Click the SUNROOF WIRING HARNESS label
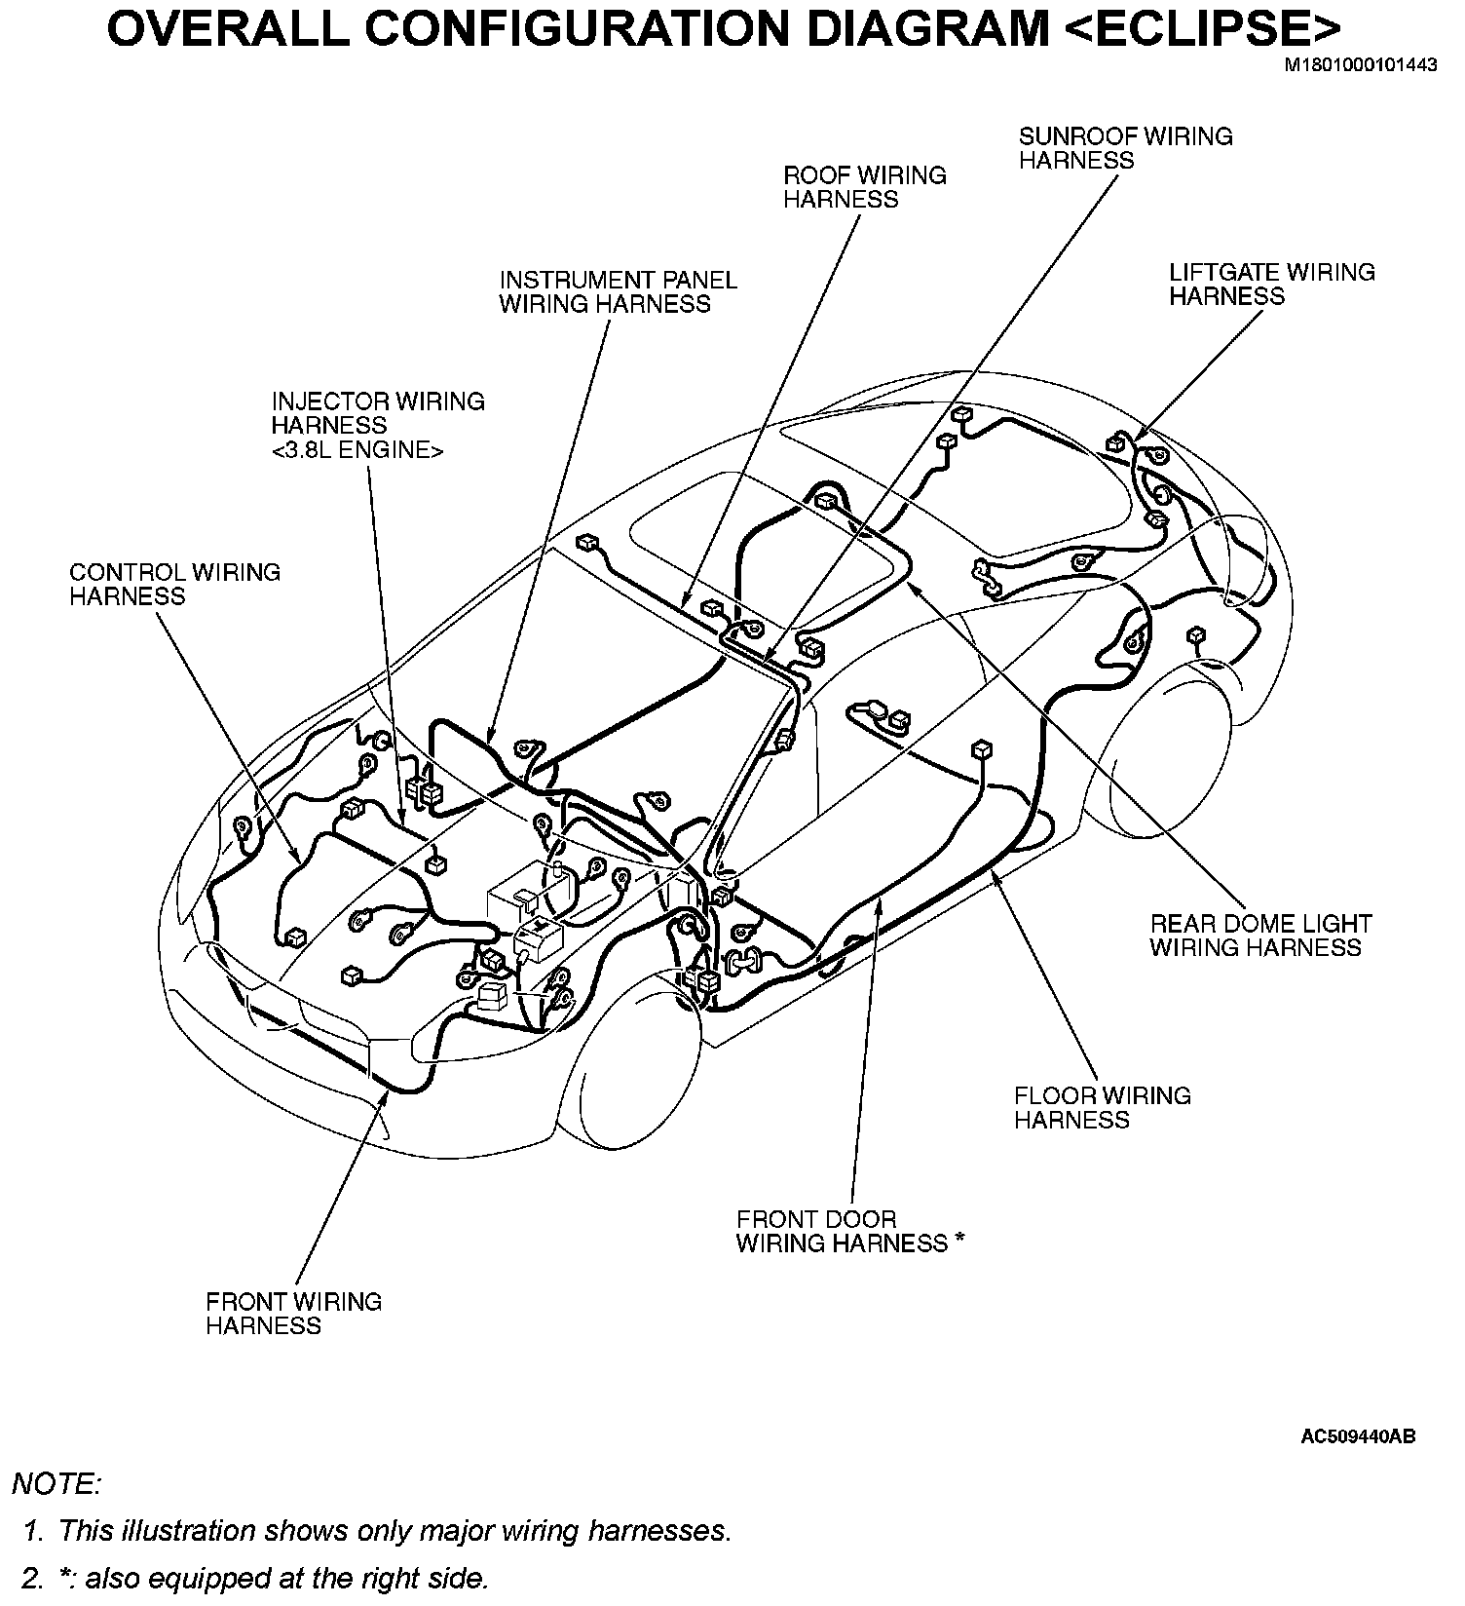coord(1125,148)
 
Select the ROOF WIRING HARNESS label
coord(864,187)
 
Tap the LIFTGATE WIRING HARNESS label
coord(1271,284)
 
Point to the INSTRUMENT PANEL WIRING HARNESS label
coord(618,291)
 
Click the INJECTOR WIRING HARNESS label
coord(377,413)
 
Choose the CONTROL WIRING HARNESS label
coord(174,584)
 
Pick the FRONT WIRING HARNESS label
coord(293,1313)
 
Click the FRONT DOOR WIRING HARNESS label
coord(842,1231)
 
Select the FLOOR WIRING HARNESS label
coord(1102,1107)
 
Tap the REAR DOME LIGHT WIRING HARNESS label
coord(1260,935)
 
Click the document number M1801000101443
coord(1360,66)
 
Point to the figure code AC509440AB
coord(1358,1435)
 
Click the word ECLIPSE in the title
coord(1191,29)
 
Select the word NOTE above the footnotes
coord(56,1484)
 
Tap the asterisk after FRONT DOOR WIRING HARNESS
coord(959,1240)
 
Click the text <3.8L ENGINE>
coord(357,449)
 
